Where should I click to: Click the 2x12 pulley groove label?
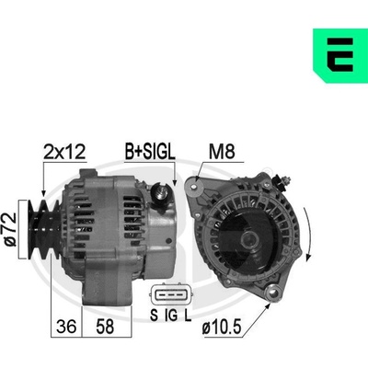64,152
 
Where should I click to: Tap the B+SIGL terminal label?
150,151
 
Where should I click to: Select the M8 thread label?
222,151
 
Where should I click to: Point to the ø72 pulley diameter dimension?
12,229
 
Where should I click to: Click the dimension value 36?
66,326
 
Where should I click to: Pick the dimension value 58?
105,326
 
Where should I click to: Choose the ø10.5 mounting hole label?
222,328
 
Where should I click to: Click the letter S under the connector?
154,315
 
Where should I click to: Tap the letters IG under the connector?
171,315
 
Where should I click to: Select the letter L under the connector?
188,315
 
